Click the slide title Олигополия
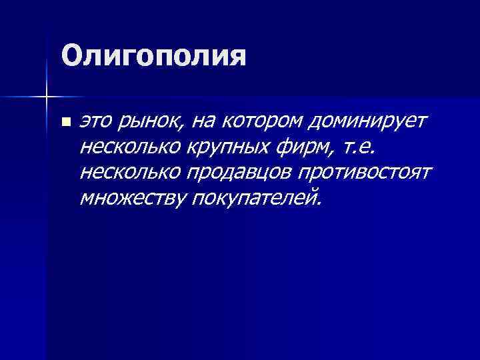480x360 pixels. point(153,56)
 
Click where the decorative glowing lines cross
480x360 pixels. point(46,97)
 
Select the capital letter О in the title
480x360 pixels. point(71,56)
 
